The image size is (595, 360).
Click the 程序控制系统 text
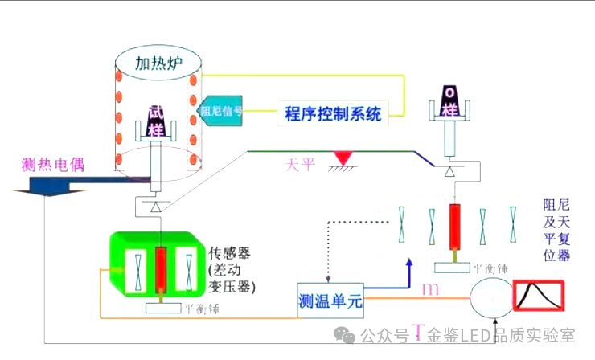(x=333, y=113)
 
